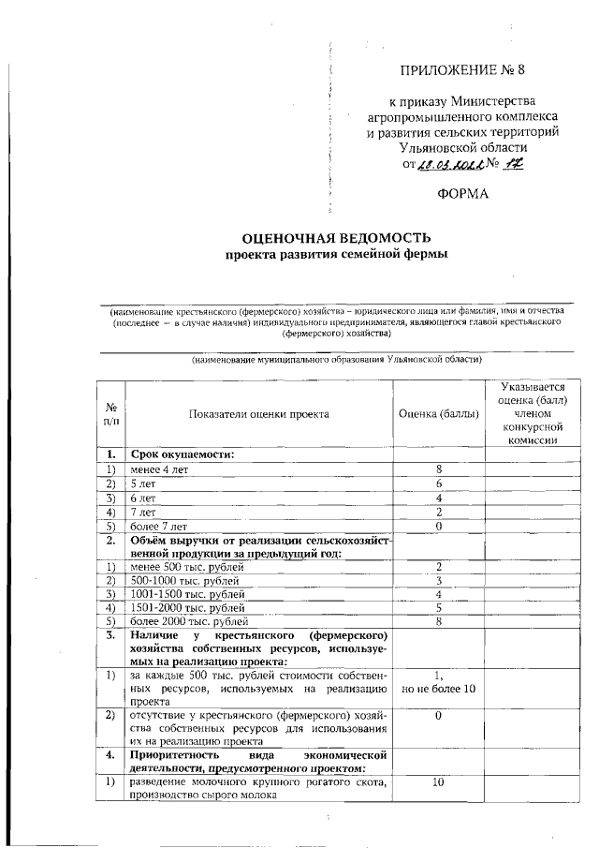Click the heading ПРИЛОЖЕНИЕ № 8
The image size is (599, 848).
(x=462, y=69)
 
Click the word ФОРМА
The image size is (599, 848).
(x=462, y=195)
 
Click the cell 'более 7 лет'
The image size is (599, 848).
(x=159, y=526)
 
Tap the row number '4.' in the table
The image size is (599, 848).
(x=110, y=754)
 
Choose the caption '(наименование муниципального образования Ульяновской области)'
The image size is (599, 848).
(x=336, y=360)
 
